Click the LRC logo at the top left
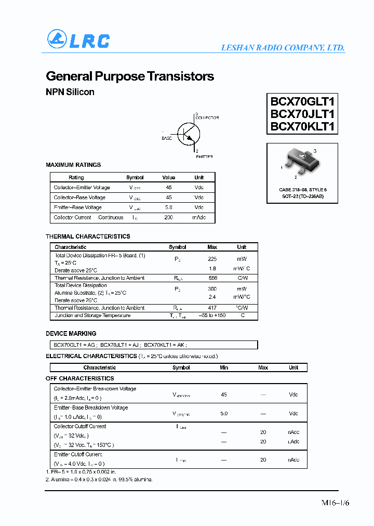[x=78, y=40]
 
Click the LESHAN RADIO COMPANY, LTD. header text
[x=283, y=47]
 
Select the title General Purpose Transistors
[x=130, y=76]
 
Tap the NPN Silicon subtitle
[x=70, y=92]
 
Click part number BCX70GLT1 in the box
[x=302, y=101]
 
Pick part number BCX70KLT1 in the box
[x=302, y=126]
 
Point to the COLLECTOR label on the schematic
[x=207, y=118]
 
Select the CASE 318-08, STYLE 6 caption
[x=303, y=190]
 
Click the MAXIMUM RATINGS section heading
[x=73, y=165]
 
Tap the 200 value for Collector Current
[x=168, y=217]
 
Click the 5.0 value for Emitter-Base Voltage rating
[x=168, y=207]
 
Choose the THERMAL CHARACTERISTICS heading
[x=88, y=236]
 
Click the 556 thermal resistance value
[x=212, y=278]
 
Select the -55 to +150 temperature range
[x=212, y=315]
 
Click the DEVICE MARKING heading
[x=71, y=334]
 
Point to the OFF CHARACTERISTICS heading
[x=79, y=378]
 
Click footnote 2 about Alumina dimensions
[x=99, y=479]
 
